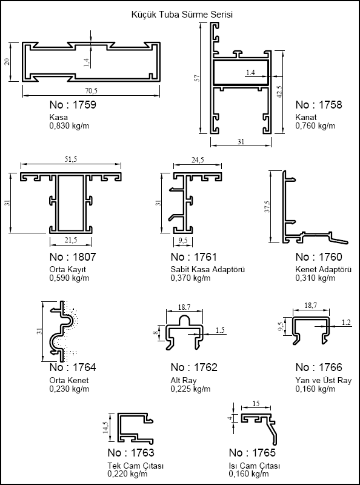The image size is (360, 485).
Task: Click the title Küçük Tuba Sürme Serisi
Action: [x=182, y=15]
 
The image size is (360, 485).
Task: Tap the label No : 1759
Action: [x=73, y=105]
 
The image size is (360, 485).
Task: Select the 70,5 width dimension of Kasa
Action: [x=92, y=91]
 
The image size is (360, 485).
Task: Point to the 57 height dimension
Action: [x=198, y=78]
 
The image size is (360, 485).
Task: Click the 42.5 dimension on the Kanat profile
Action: [x=279, y=92]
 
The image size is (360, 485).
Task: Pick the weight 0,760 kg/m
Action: [x=315, y=126]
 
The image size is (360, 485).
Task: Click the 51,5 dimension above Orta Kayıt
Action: [x=70, y=159]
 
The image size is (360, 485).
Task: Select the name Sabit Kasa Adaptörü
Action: [x=207, y=269]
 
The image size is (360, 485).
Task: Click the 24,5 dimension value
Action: [x=198, y=160]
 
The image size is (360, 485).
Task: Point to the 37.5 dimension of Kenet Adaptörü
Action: [x=267, y=206]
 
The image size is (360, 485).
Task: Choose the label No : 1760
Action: [x=319, y=256]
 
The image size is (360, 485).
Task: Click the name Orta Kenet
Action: [x=69, y=380]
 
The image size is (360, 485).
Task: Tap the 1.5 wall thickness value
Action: [x=220, y=330]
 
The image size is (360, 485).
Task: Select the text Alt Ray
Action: [x=184, y=380]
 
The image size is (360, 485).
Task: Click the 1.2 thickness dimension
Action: [x=347, y=323]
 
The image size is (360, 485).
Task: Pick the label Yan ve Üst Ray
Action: [x=324, y=380]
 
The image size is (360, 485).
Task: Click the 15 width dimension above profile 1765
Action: [x=256, y=404]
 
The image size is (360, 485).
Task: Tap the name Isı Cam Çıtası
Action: [x=254, y=466]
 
